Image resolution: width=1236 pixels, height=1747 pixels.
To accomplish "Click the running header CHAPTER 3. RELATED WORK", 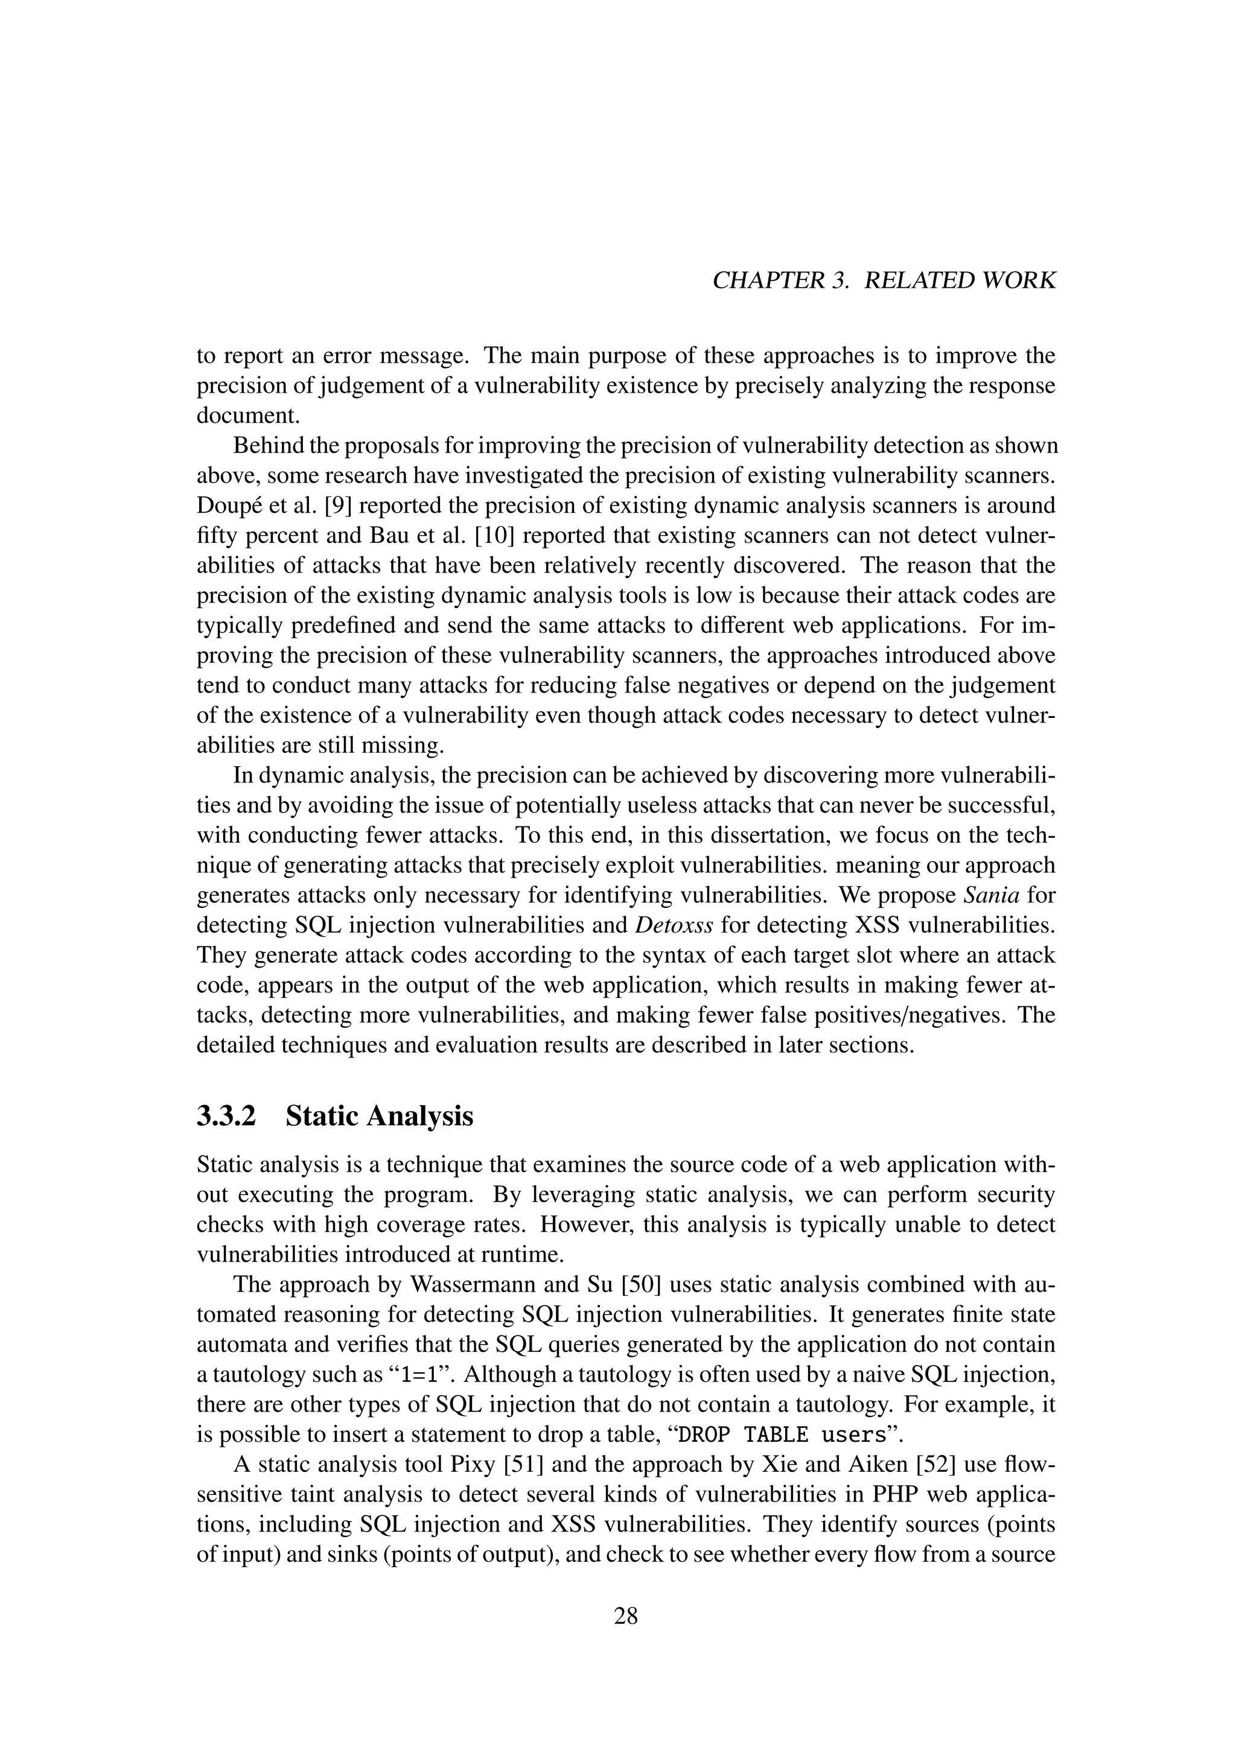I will (x=884, y=281).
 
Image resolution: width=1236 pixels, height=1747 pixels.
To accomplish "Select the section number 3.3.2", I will (x=227, y=1116).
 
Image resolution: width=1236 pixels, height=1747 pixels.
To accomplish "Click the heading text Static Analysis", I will (x=380, y=1116).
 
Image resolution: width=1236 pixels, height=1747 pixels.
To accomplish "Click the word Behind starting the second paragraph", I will (x=268, y=446).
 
